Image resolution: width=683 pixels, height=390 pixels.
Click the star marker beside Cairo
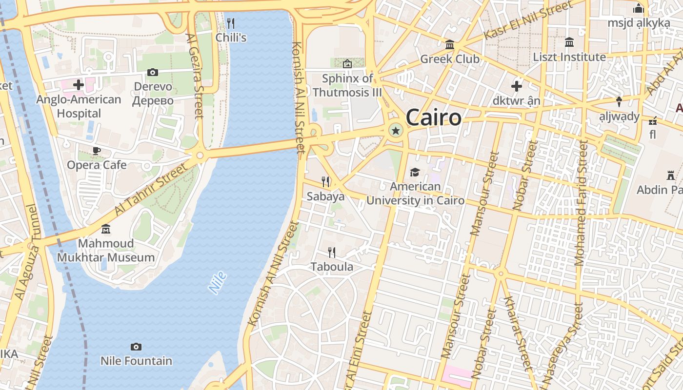[x=396, y=130]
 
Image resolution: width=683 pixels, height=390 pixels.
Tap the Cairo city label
[x=433, y=117]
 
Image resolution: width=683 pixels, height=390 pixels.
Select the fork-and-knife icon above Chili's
[x=231, y=23]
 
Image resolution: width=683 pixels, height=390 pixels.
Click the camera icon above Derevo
[x=153, y=72]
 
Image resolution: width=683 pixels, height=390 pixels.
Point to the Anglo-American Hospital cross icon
[x=78, y=85]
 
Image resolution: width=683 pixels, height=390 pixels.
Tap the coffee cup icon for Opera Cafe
[x=97, y=151]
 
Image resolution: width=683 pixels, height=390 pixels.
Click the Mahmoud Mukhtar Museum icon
[x=106, y=229]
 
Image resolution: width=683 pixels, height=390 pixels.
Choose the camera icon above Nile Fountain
[x=136, y=347]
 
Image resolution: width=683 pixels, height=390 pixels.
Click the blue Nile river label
[x=218, y=283]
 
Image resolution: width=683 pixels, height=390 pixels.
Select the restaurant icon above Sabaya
[x=325, y=182]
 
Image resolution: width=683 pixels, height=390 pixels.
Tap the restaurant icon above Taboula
[x=332, y=252]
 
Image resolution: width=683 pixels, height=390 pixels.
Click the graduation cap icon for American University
[x=415, y=172]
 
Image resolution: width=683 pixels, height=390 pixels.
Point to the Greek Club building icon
[x=450, y=45]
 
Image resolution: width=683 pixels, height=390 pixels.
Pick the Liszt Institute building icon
[x=569, y=42]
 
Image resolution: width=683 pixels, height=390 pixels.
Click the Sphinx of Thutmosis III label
[x=347, y=85]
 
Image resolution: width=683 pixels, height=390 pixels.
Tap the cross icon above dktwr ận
[x=517, y=87]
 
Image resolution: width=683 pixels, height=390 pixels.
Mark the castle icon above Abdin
[x=671, y=175]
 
